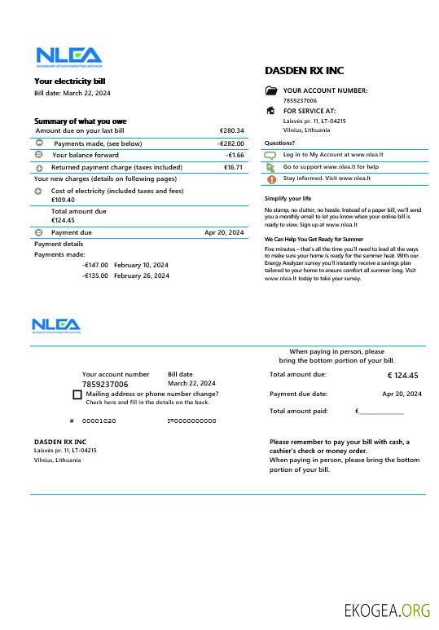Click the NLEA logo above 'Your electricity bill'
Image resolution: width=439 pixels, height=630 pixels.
click(69, 57)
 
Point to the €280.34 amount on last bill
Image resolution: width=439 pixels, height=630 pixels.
click(231, 130)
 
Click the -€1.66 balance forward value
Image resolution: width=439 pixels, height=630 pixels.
click(235, 155)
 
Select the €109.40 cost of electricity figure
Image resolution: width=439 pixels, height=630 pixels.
click(63, 200)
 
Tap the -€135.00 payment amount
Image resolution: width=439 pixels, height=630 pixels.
click(94, 276)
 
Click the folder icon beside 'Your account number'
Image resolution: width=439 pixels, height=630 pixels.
click(271, 90)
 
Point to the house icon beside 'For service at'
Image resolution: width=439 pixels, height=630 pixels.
click(271, 110)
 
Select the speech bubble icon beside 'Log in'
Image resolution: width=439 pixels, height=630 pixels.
click(271, 154)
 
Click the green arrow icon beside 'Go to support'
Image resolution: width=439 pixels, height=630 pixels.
click(271, 166)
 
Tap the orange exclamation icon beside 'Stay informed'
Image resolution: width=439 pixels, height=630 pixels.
click(271, 178)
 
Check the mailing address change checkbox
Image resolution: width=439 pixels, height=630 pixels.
click(77, 394)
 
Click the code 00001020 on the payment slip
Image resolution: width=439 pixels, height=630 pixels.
click(99, 421)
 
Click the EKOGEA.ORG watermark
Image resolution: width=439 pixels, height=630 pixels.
click(387, 610)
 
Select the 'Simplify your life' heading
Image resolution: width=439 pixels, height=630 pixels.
click(288, 198)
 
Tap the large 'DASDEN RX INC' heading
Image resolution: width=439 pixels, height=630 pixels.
click(305, 71)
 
